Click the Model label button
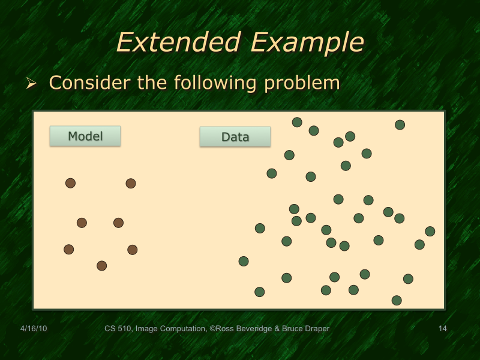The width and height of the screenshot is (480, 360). tap(85, 136)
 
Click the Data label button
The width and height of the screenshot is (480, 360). tap(235, 137)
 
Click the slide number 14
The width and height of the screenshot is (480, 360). tap(443, 328)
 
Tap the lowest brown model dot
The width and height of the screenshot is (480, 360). tap(102, 266)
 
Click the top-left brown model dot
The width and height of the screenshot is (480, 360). tap(71, 183)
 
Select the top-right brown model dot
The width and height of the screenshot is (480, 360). tap(131, 184)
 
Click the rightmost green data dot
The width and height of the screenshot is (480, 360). tap(430, 231)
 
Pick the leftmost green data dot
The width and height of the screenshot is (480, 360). tap(244, 261)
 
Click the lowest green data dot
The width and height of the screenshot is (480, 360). tap(397, 300)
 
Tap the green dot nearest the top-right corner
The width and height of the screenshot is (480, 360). tap(400, 125)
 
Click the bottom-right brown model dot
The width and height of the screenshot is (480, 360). tap(133, 250)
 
